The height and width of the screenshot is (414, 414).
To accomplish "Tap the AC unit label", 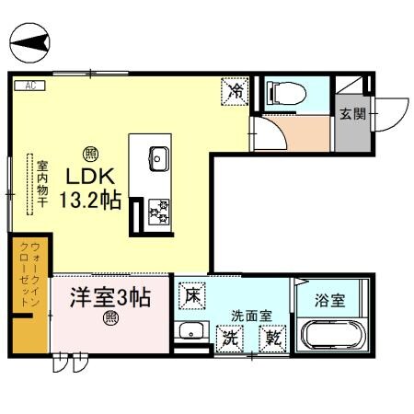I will (x=29, y=86).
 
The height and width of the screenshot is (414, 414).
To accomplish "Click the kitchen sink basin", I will (x=156, y=157).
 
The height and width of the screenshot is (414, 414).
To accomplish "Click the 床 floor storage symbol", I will (x=192, y=296).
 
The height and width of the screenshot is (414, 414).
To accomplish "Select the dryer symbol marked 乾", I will (x=273, y=338).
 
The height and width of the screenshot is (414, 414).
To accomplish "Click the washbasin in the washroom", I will (x=192, y=333).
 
